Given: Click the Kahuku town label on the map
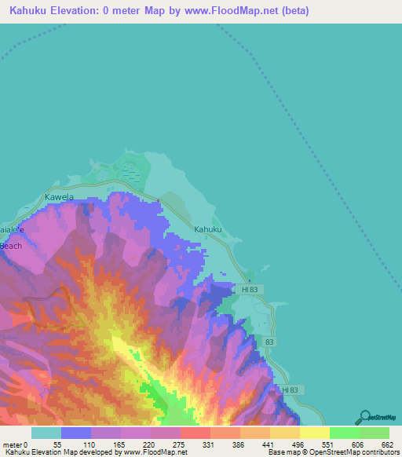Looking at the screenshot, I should [208, 229].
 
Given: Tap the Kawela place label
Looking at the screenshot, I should [59, 197].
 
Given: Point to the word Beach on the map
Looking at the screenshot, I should [11, 246].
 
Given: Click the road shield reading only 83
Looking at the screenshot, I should [270, 342].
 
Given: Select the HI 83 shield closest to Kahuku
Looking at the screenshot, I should [250, 290].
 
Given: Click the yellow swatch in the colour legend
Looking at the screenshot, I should [314, 433].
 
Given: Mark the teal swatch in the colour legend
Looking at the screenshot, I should [46, 433].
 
